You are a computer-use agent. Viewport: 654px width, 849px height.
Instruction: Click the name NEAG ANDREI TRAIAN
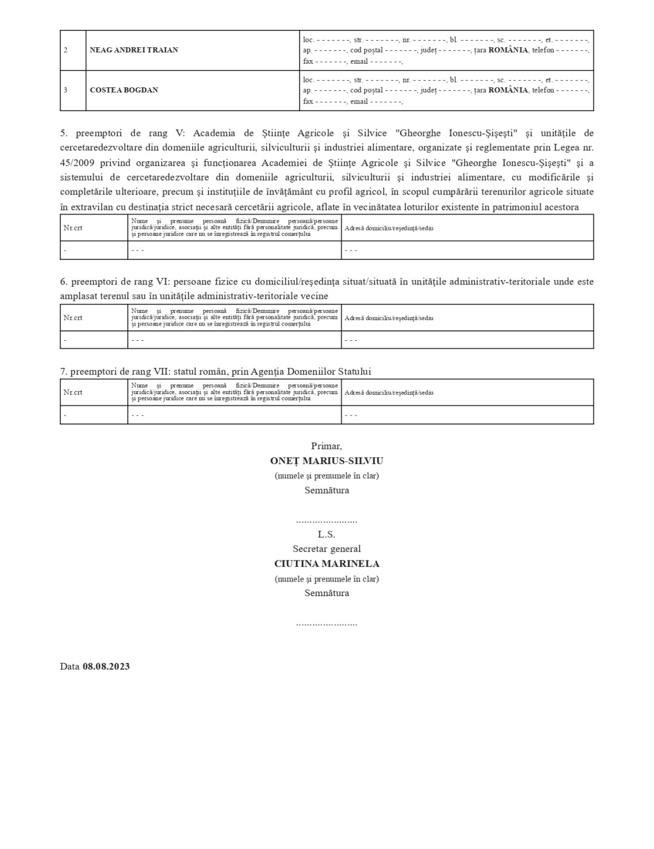click(133, 50)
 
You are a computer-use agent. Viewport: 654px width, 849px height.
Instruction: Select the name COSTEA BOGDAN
click(124, 90)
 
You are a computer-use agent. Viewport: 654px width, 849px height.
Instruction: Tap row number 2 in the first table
click(65, 50)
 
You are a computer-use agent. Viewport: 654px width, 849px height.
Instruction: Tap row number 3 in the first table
click(65, 90)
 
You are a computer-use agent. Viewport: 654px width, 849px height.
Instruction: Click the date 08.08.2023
click(106, 666)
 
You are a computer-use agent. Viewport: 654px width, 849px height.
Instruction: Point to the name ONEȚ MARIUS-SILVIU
click(326, 461)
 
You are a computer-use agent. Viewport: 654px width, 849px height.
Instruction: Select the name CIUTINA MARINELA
click(326, 563)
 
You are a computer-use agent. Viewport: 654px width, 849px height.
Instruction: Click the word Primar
click(326, 446)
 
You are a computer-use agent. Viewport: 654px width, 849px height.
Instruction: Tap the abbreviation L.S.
click(326, 534)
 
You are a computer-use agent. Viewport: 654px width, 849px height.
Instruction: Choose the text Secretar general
click(326, 549)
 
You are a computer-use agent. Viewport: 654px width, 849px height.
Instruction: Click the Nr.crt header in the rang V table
click(73, 228)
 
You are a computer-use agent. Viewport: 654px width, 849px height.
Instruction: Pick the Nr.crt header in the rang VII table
click(73, 392)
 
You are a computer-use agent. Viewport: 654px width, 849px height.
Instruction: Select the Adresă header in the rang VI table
click(389, 318)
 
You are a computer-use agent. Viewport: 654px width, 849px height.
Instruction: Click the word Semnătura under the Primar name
click(326, 490)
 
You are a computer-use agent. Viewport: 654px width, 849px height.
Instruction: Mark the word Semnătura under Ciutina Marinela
click(326, 593)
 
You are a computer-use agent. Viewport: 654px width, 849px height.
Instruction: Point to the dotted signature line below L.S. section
click(326, 623)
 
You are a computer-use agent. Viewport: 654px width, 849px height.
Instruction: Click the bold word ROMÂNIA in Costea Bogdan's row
click(508, 90)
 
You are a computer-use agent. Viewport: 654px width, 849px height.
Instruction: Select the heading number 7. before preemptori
click(63, 371)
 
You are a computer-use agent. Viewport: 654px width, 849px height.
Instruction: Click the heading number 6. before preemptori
click(63, 281)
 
